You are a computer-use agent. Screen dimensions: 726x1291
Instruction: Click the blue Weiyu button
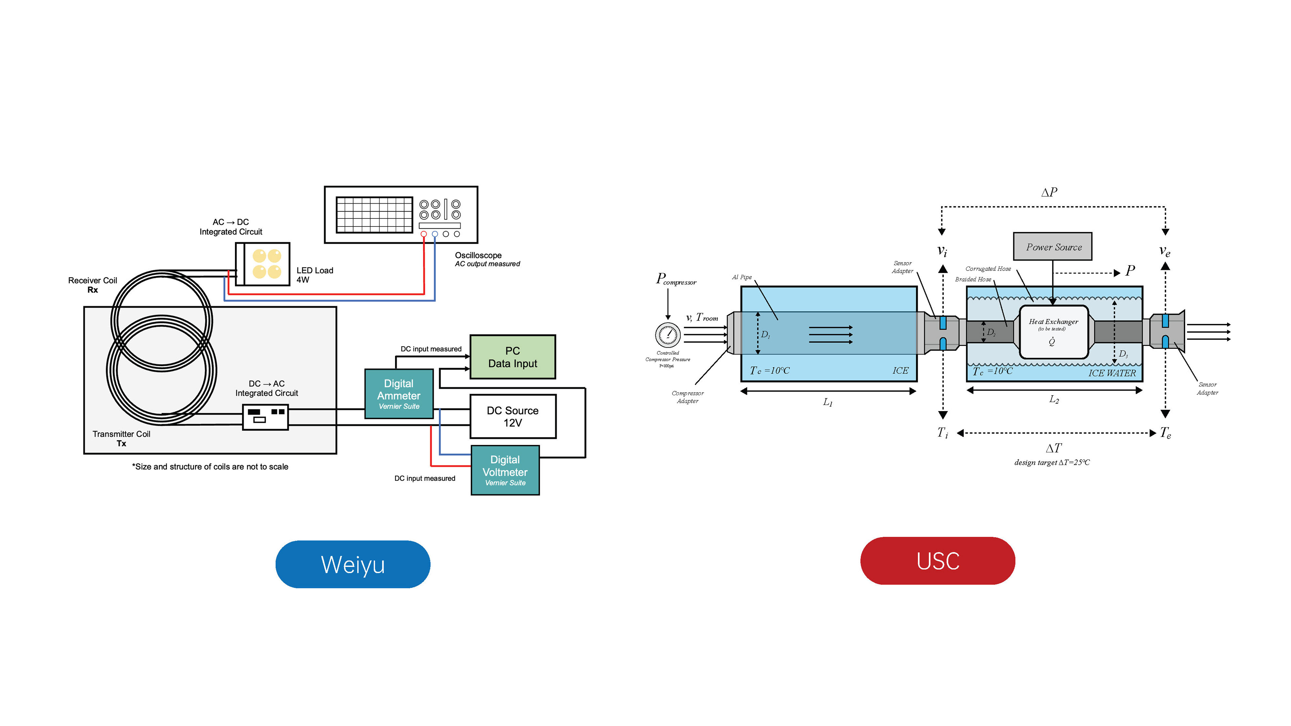click(x=352, y=564)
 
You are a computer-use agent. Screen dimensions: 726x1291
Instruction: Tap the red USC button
click(x=937, y=561)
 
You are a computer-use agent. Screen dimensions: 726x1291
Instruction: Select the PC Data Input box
click(x=512, y=357)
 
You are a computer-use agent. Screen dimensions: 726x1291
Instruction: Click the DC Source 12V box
click(x=512, y=416)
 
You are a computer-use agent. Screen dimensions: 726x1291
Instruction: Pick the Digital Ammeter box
click(x=398, y=394)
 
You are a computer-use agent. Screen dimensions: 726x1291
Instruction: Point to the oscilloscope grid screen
click(x=374, y=214)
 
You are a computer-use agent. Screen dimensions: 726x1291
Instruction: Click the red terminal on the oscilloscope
click(x=424, y=234)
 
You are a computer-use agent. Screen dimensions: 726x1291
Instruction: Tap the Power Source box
click(x=1052, y=246)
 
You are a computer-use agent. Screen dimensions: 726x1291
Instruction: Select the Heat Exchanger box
click(x=1053, y=332)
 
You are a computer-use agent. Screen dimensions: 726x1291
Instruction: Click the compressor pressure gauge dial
click(x=668, y=335)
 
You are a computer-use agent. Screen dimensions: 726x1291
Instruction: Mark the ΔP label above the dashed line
click(x=1049, y=192)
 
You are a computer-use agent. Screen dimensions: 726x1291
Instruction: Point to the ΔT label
click(x=1053, y=448)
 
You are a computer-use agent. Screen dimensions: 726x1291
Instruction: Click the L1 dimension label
click(x=827, y=402)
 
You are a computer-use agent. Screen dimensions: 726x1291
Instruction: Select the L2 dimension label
click(x=1054, y=399)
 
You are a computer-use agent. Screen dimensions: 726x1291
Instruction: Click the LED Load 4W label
click(x=314, y=275)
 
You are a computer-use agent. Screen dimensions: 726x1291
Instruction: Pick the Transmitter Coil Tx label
click(x=121, y=438)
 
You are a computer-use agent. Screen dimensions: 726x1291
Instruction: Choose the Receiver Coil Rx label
click(x=93, y=285)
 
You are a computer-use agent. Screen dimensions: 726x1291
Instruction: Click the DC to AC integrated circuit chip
click(x=265, y=417)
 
